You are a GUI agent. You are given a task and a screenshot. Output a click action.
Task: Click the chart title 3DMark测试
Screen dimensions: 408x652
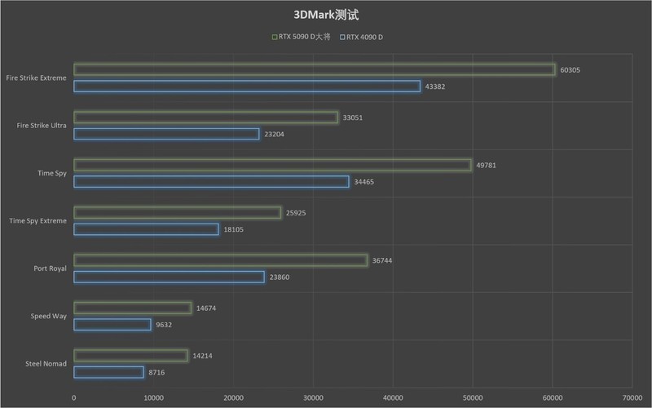click(326, 15)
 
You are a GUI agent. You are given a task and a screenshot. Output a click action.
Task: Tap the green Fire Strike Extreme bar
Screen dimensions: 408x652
click(315, 70)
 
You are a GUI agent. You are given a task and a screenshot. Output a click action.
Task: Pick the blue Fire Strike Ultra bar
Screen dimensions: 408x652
click(166, 134)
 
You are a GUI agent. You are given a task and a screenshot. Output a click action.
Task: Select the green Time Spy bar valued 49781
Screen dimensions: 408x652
click(272, 166)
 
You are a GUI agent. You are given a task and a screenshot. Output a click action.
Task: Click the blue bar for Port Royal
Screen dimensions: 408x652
click(169, 277)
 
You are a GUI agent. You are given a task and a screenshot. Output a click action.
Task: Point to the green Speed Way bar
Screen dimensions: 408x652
click(132, 308)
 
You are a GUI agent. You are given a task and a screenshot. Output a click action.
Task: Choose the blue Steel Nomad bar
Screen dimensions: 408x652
click(108, 372)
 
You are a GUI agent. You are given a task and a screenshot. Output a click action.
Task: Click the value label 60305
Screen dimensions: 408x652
click(570, 70)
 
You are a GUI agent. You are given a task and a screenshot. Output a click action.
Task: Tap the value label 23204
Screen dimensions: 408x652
click(274, 134)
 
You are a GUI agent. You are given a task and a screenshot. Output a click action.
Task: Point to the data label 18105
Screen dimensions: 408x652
click(233, 229)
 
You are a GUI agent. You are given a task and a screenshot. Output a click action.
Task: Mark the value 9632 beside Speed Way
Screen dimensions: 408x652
click(163, 325)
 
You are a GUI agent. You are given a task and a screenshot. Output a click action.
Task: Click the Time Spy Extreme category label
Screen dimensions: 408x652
click(37, 221)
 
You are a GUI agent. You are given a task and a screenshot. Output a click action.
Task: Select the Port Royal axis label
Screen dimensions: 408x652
click(51, 268)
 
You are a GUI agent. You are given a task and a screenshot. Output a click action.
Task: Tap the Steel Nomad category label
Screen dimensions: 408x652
click(47, 364)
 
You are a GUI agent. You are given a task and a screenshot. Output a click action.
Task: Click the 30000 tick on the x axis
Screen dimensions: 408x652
click(314, 397)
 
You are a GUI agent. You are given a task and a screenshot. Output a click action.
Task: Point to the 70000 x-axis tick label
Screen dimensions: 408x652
click(632, 397)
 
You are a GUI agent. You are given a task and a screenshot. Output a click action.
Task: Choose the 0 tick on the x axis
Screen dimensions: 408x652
click(74, 397)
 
